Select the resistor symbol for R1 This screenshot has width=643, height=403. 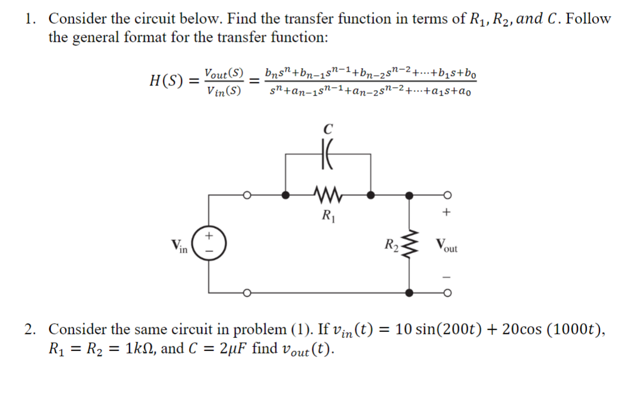point(328,193)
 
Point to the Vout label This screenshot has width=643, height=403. point(447,246)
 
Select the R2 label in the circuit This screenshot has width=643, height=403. point(391,245)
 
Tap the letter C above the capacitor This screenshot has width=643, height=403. point(328,127)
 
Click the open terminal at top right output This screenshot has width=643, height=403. point(446,194)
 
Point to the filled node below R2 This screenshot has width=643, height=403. point(409,293)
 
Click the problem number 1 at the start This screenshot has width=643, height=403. point(29,19)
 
